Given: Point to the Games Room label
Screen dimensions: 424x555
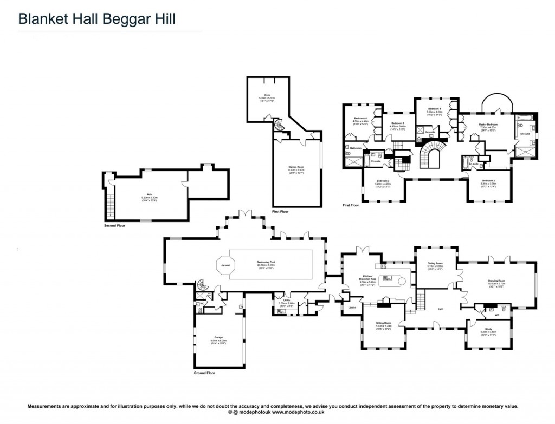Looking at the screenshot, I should (295, 168).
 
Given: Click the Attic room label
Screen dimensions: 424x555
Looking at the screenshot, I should (150, 195).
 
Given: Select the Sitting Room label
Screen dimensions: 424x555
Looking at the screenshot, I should (383, 324).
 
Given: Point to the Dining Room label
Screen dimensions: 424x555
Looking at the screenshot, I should (435, 264).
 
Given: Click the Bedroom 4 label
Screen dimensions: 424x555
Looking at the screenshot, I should (435, 110).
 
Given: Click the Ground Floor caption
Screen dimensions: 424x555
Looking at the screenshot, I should (204, 373).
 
